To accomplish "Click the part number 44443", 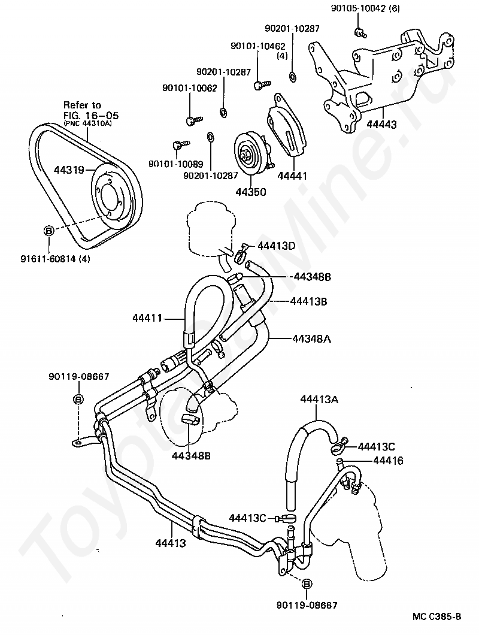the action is (x=382, y=125).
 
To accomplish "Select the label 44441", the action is (x=292, y=176).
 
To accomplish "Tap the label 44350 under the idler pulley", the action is (x=251, y=192).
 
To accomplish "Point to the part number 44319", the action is (x=69, y=170).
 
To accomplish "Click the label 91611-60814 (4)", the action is (x=56, y=258).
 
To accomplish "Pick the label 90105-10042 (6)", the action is (x=365, y=8).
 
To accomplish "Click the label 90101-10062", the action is (x=189, y=88).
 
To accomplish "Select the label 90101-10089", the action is (x=175, y=164).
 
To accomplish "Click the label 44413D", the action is (x=277, y=246).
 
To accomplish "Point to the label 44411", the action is (x=147, y=318).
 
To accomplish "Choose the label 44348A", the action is (x=311, y=338).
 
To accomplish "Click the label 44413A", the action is (x=319, y=400).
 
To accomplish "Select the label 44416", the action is (x=388, y=461).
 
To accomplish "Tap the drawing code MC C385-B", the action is (x=437, y=616).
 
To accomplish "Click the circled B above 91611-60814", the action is (x=48, y=231).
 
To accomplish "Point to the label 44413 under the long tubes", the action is (x=171, y=543).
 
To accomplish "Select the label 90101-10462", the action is (x=258, y=46).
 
